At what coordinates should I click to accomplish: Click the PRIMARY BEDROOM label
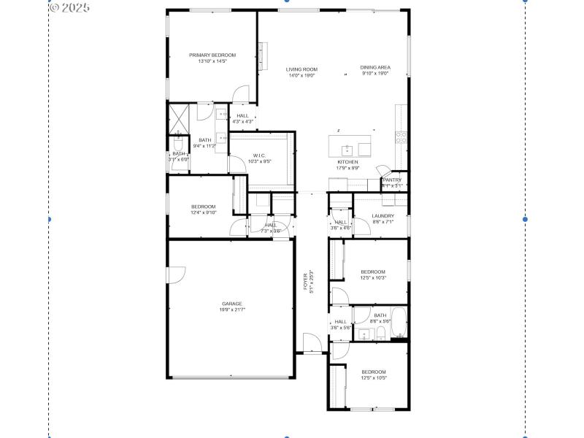(x=212, y=55)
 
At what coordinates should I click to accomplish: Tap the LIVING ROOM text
(x=301, y=69)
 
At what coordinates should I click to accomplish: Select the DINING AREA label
(x=375, y=67)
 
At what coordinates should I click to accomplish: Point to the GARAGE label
(x=232, y=304)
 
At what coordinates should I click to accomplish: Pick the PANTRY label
(x=392, y=180)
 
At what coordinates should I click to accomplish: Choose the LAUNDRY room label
(x=383, y=216)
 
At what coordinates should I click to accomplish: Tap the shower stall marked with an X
(x=179, y=118)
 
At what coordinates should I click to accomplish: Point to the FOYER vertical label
(x=306, y=282)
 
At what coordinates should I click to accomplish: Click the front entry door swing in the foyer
(x=312, y=343)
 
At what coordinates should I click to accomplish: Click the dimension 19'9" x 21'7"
(x=232, y=310)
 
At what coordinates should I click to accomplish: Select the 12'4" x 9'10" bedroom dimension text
(x=204, y=212)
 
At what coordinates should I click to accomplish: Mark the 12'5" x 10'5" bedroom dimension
(x=373, y=377)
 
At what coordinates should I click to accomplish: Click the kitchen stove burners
(x=400, y=136)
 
